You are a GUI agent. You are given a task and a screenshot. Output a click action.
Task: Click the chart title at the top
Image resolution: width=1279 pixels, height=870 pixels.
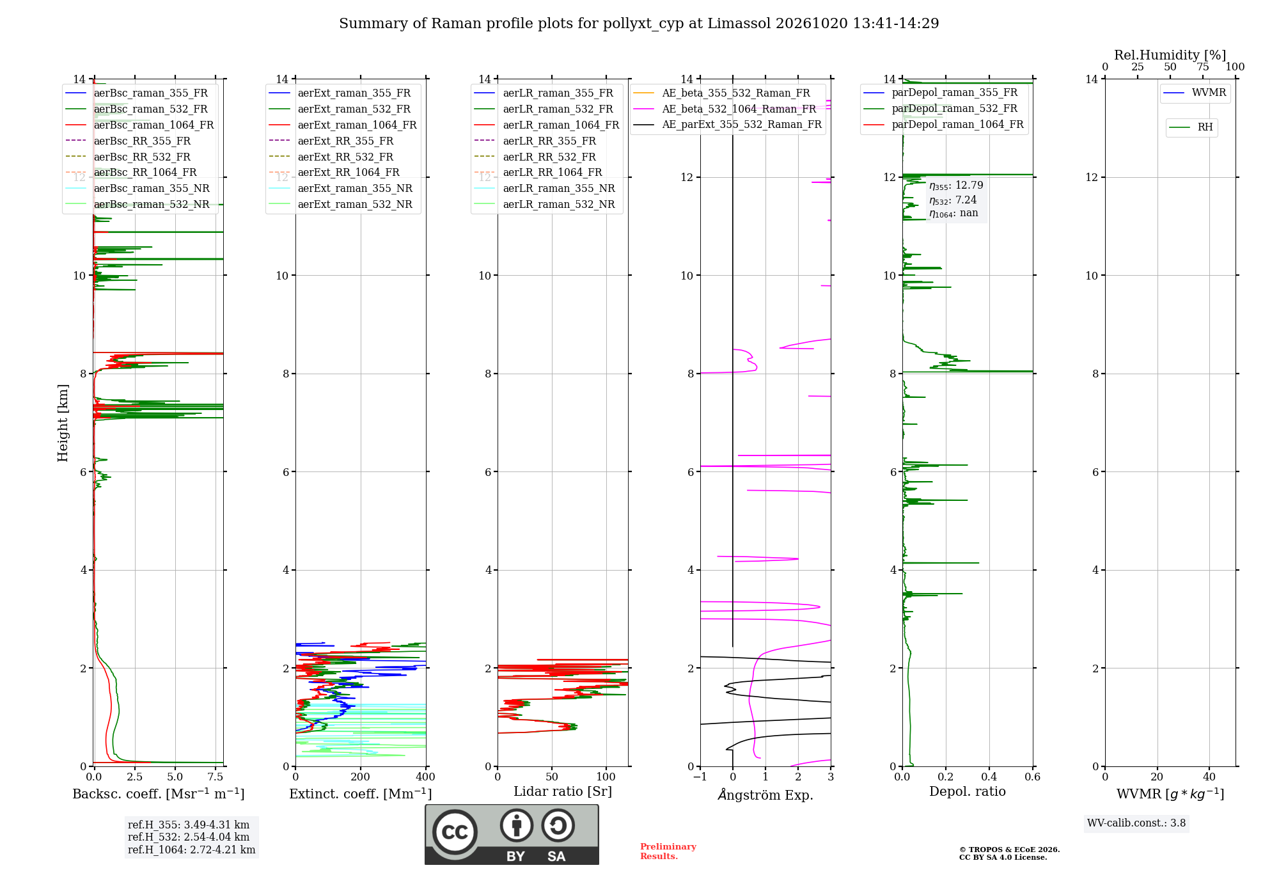pos(639,24)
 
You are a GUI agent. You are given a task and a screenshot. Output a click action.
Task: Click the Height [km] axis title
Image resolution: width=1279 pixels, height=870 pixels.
pos(63,423)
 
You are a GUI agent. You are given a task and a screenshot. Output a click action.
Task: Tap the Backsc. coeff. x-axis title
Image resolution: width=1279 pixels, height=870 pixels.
pos(159,794)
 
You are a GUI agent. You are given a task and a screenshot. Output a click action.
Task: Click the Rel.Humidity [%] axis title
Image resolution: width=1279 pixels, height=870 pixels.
pos(1170,55)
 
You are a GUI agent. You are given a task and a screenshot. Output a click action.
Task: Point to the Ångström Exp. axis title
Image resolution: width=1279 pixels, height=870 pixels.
pos(765,795)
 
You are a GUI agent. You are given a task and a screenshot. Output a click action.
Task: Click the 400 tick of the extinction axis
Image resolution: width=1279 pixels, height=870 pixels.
pos(426,777)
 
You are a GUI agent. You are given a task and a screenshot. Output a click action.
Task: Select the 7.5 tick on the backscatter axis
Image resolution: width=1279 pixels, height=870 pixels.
pos(216,777)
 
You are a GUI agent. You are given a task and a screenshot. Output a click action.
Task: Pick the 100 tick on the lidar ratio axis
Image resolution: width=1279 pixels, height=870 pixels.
pos(606,777)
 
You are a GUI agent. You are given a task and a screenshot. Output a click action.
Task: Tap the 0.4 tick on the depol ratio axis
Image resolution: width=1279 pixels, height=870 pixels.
pos(989,777)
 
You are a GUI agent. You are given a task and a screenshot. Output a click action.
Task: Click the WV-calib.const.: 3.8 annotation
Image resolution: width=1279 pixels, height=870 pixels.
pos(1136,823)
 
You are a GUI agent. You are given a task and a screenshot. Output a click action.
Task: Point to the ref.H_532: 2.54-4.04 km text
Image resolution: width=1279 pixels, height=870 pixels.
pos(189,837)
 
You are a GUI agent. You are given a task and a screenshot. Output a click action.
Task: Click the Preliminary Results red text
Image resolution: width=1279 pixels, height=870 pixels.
pos(668,851)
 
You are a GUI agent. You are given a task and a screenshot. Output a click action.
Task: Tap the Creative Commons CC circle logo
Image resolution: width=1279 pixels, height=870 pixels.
pos(455,832)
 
